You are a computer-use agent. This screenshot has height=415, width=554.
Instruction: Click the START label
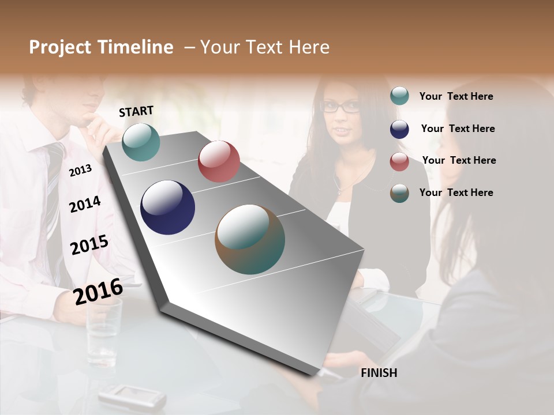pyautogui.click(x=136, y=111)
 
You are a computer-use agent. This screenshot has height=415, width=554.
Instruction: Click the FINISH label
pyautogui.click(x=379, y=373)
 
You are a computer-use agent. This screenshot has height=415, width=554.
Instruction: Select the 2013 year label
pyautogui.click(x=80, y=170)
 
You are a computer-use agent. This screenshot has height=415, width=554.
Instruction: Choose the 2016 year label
pyautogui.click(x=98, y=291)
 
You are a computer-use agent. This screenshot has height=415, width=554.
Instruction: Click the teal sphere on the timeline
pyautogui.click(x=141, y=142)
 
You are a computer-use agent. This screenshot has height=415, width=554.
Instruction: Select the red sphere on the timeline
pyautogui.click(x=219, y=161)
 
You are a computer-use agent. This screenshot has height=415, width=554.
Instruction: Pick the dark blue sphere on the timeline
pyautogui.click(x=167, y=207)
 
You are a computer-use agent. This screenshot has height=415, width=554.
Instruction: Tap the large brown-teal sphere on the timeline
pyautogui.click(x=250, y=239)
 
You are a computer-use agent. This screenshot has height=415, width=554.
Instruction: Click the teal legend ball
pyautogui.click(x=399, y=96)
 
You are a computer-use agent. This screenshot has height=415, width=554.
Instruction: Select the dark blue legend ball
pyautogui.click(x=399, y=129)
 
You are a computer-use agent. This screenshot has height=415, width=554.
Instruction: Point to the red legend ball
pyautogui.click(x=399, y=161)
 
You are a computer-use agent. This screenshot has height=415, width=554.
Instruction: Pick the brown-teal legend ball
pyautogui.click(x=399, y=193)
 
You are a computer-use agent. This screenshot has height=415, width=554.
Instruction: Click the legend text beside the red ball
pyautogui.click(x=459, y=160)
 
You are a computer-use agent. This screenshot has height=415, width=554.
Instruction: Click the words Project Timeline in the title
pyautogui.click(x=101, y=47)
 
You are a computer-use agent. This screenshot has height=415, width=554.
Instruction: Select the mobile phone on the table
pyautogui.click(x=132, y=396)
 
